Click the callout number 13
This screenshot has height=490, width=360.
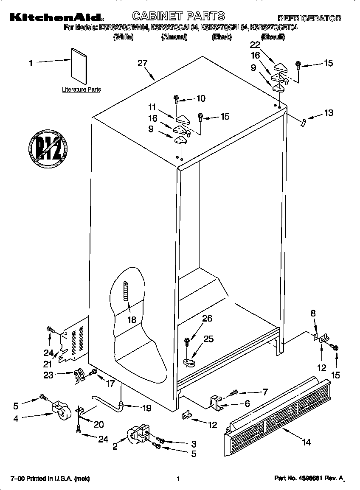click(328, 113)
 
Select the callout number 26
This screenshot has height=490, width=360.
click(208, 319)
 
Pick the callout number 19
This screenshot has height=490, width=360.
click(146, 408)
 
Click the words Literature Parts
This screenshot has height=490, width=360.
click(82, 90)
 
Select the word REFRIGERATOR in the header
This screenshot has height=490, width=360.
click(309, 18)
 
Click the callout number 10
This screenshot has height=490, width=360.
click(201, 98)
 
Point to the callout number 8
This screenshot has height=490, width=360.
click(313, 314)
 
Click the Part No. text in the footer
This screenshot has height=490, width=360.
click(308, 479)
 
